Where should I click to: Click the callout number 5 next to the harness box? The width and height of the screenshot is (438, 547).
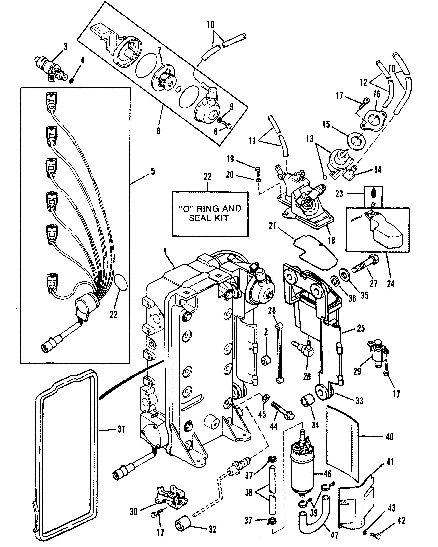pyautogui.click(x=153, y=172)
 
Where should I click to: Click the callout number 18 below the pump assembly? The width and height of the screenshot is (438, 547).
pyautogui.click(x=331, y=240)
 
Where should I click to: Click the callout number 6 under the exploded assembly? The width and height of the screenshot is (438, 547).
pyautogui.click(x=158, y=131)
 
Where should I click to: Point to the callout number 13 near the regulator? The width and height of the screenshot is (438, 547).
pyautogui.click(x=310, y=139)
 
